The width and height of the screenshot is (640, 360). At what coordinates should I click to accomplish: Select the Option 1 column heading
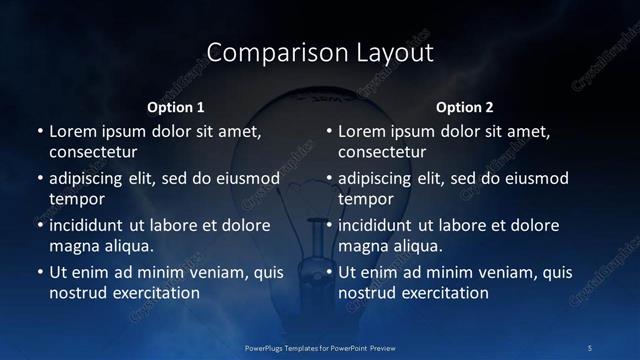pos(176,107)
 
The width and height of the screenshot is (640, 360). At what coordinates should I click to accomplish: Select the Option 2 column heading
pos(465,107)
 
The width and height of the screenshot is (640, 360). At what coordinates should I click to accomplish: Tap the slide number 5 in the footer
pos(590,348)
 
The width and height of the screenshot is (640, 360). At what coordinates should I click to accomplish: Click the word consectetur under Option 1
pos(93,152)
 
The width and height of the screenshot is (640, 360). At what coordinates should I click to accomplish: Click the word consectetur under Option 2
pos(382,152)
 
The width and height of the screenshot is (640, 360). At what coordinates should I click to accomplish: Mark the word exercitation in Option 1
pos(155,293)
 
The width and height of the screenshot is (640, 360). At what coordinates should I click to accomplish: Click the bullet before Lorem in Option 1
pos(39,131)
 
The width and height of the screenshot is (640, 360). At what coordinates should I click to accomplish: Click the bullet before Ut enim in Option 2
pos(328,272)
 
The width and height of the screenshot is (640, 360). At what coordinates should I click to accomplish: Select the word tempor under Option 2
pos(366,199)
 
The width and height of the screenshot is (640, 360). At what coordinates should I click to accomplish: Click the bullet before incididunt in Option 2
pos(328,225)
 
